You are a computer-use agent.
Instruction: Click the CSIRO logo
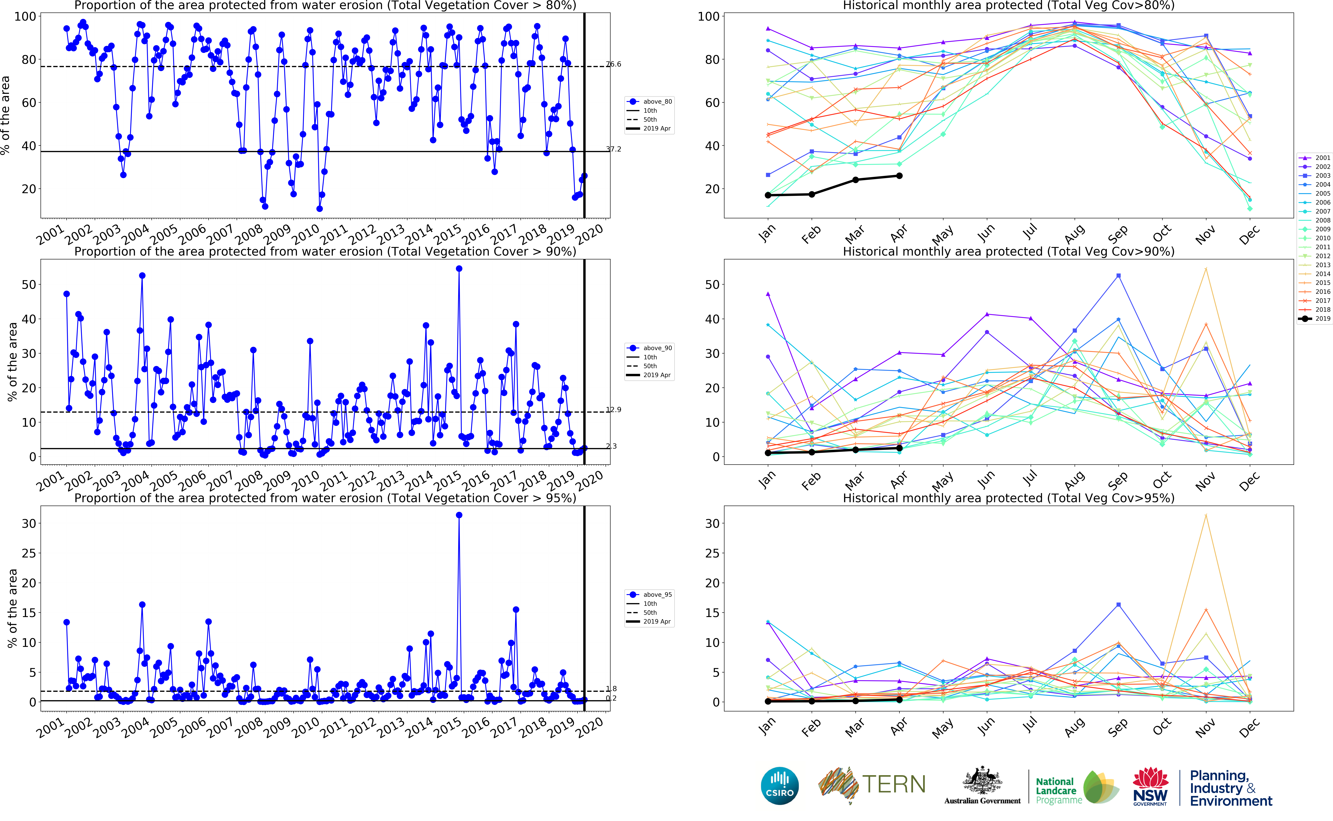point(779,786)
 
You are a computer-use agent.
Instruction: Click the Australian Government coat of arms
point(982,782)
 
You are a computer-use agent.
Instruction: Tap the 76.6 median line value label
point(614,64)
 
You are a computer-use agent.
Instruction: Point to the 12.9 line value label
point(614,409)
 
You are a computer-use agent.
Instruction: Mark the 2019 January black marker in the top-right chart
point(768,195)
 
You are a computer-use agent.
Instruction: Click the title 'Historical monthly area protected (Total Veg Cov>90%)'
point(1008,251)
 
